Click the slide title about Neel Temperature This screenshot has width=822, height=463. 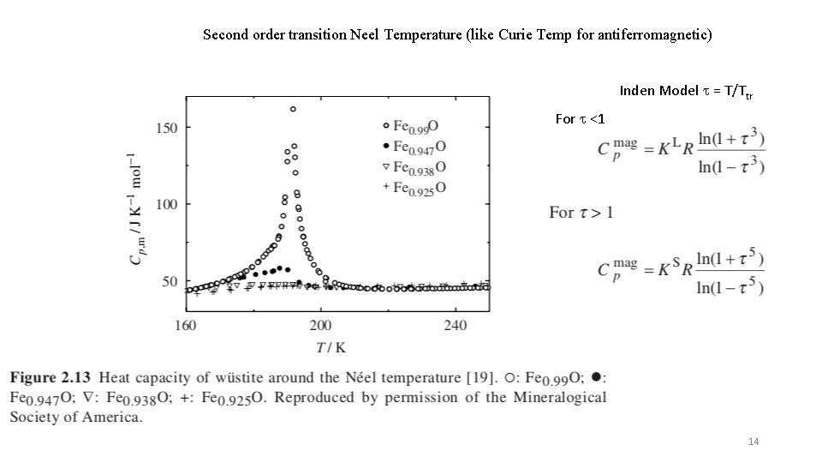coord(457,35)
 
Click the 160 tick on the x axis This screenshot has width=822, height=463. coord(186,325)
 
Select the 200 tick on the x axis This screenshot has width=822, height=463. coord(320,325)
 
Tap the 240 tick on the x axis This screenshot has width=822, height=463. coord(455,325)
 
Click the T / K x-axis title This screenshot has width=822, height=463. coord(330,346)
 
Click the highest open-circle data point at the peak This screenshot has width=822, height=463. coord(293,109)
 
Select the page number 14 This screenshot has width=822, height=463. coord(753,442)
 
